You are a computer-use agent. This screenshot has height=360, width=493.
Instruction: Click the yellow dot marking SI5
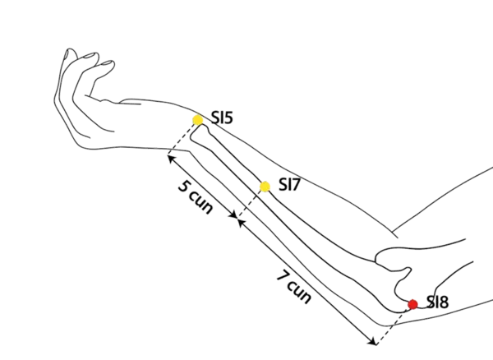pos(198,120)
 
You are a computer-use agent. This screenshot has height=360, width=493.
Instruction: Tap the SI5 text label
pos(222,118)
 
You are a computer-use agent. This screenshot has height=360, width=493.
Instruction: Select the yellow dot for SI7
pos(265,187)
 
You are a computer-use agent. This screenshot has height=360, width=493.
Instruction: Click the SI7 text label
pos(289,185)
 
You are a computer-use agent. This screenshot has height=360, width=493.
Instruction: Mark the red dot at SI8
pos(412,304)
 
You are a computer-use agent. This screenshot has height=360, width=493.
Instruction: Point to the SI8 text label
pos(437,302)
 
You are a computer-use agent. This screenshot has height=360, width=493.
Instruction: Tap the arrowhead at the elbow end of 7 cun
pos(376,342)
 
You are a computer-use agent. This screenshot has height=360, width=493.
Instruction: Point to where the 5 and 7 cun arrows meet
pos(238,219)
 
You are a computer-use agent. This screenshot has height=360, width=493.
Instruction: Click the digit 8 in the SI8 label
pos(444,302)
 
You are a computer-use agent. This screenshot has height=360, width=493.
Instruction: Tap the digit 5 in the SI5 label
pos(229,118)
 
